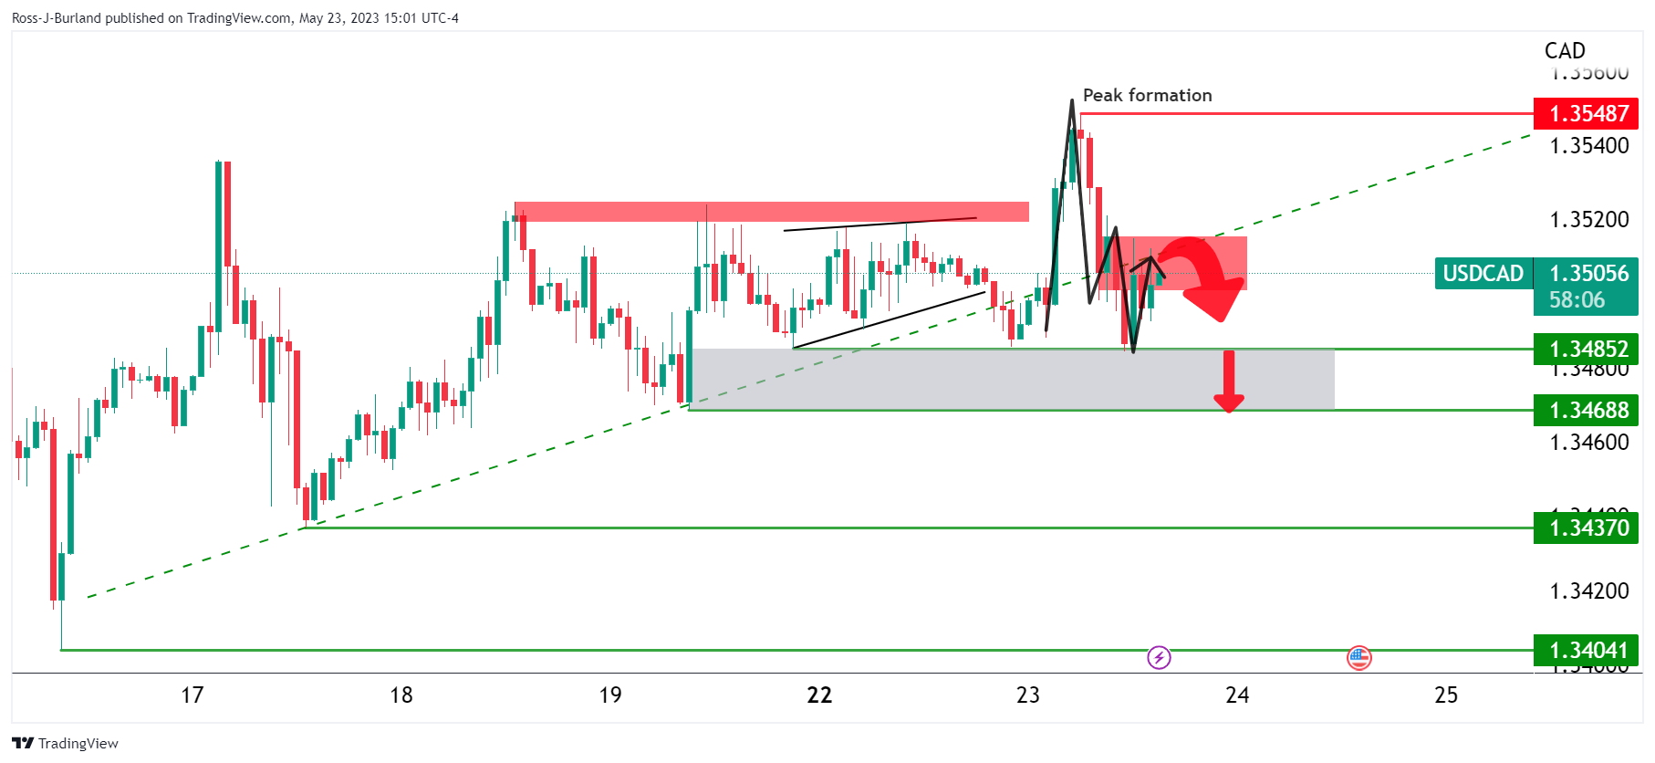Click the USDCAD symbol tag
[1483, 274]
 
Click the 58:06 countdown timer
[1577, 300]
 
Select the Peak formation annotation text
[1147, 95]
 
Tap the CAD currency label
[1565, 51]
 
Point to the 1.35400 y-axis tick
[1588, 146]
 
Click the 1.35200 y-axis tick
[1588, 220]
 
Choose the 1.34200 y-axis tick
[1588, 591]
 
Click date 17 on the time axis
[192, 695]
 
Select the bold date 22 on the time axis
[819, 695]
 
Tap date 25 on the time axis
[1446, 695]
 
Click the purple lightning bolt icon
[1159, 657]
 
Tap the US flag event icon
[1359, 657]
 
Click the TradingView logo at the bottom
[66, 743]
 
